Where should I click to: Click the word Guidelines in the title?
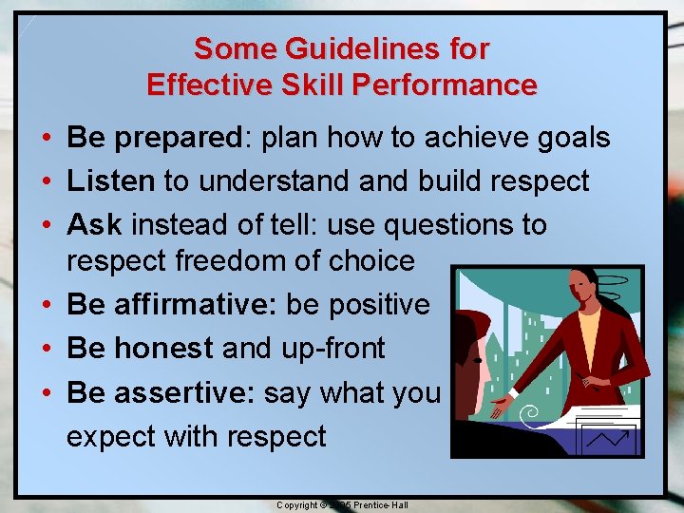point(364,48)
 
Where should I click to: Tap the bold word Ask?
point(94,225)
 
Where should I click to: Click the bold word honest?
point(163,349)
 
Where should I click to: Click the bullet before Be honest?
point(46,349)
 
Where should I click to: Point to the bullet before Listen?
point(46,181)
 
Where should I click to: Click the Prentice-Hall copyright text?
point(342,504)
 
